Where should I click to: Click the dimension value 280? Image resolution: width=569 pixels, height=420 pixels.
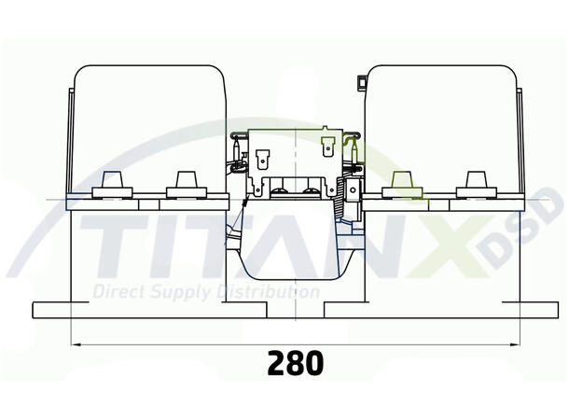(296, 362)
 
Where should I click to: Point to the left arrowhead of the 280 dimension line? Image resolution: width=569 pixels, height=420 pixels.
(75, 344)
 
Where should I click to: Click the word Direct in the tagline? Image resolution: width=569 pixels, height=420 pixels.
(118, 292)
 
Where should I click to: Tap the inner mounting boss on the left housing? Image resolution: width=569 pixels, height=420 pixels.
(184, 184)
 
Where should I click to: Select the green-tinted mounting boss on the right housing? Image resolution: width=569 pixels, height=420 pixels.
(404, 184)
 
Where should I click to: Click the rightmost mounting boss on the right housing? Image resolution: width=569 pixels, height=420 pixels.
(476, 184)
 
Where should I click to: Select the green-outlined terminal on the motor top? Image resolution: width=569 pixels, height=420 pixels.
(327, 146)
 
